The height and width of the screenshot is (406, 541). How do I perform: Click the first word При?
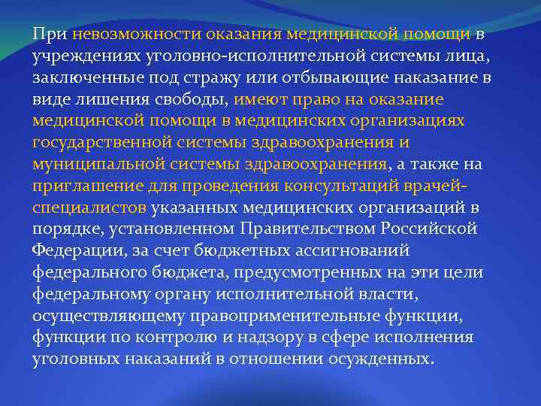click(50, 34)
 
